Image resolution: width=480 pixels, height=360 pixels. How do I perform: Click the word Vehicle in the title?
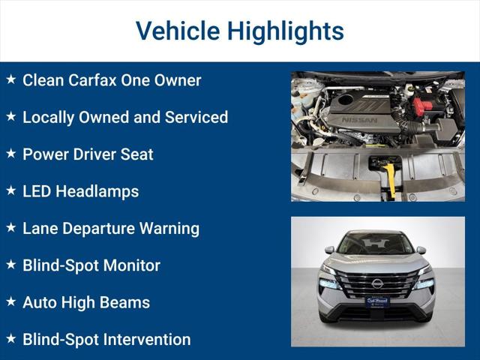(177, 31)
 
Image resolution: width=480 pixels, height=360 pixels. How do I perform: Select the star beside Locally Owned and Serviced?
(11, 116)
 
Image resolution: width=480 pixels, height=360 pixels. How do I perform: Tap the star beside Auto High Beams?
(11, 301)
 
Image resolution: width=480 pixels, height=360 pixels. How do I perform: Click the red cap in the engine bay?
(423, 106)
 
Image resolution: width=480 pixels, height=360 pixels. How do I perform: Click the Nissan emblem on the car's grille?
(377, 283)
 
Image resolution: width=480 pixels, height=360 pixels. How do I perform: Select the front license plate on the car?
(377, 302)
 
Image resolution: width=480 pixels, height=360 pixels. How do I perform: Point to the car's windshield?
(376, 244)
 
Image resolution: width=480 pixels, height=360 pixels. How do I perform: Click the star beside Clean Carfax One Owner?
(11, 79)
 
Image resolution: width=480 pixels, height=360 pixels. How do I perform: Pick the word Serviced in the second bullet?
(196, 117)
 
